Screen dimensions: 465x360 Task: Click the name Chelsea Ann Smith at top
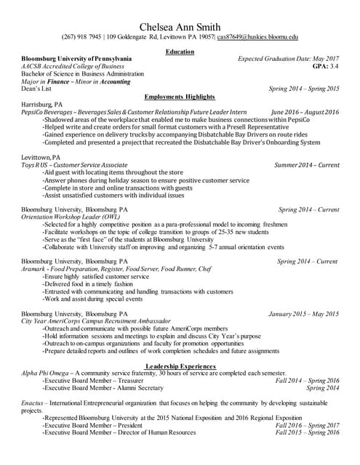click(180, 25)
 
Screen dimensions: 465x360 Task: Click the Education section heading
click(180, 52)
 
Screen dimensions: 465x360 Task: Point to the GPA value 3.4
click(333, 65)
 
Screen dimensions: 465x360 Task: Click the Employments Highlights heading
click(180, 97)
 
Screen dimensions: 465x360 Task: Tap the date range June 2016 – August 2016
click(305, 112)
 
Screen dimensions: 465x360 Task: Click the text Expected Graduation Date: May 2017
click(288, 58)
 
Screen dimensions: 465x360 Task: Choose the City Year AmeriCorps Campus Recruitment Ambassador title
click(96, 320)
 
